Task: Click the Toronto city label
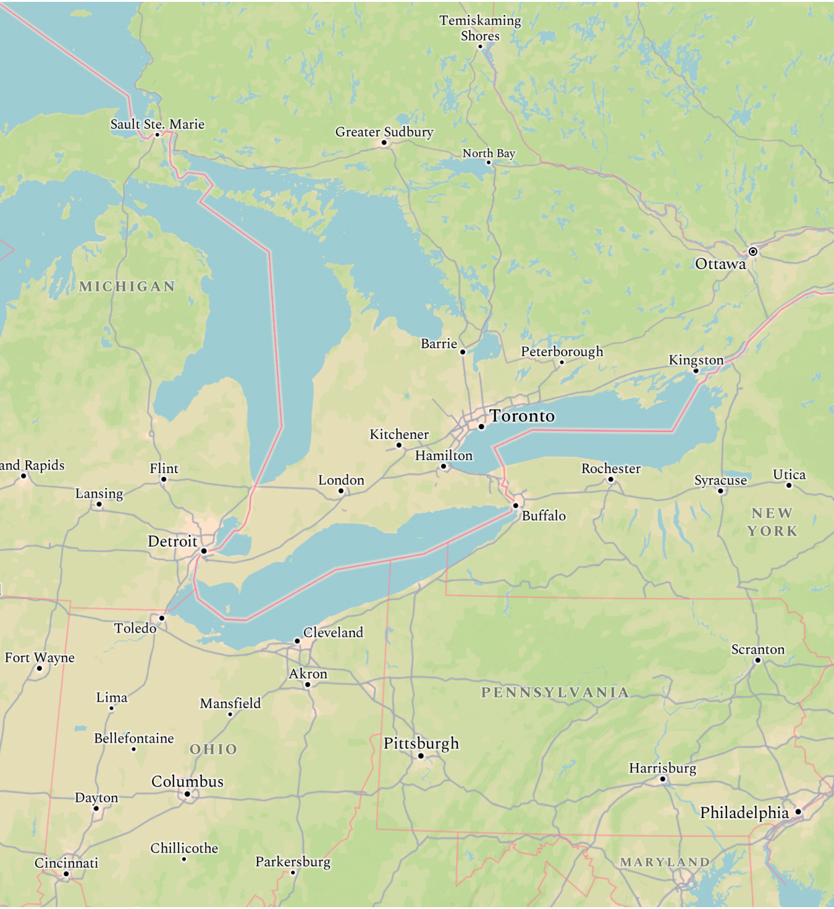[522, 416]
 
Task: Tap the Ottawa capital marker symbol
[753, 252]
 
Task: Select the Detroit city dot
[204, 551]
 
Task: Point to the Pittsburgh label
[421, 743]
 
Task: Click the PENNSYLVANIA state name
[555, 693]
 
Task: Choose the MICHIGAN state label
[127, 286]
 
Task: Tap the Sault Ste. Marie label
[158, 124]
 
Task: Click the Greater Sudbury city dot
[384, 143]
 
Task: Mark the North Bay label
[489, 153]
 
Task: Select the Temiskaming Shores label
[480, 28]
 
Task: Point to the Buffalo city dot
[516, 506]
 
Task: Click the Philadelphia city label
[744, 813]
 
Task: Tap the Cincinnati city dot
[66, 874]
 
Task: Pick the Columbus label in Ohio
[187, 782]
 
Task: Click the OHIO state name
[213, 749]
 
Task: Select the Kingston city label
[696, 360]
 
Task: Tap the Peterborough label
[562, 351]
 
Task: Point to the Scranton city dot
[758, 660]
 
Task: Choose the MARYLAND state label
[665, 862]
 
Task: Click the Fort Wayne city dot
[40, 668]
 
